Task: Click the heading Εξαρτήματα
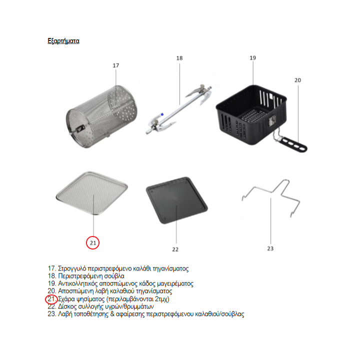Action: (x=63, y=41)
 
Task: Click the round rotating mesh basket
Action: (x=101, y=116)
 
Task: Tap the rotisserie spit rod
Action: (x=178, y=109)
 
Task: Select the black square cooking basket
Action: (x=251, y=115)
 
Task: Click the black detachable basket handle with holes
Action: (x=292, y=144)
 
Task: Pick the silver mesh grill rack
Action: (x=92, y=193)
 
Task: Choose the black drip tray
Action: (x=177, y=200)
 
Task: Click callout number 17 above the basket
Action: (x=116, y=65)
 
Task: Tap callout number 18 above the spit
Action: (x=179, y=58)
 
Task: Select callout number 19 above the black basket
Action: (x=253, y=58)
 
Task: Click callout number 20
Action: (x=298, y=80)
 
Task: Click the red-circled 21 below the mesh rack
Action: (x=93, y=242)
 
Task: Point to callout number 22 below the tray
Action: (x=175, y=249)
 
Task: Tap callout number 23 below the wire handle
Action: (x=270, y=248)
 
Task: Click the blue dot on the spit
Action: (x=162, y=114)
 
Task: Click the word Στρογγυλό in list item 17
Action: (x=72, y=268)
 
